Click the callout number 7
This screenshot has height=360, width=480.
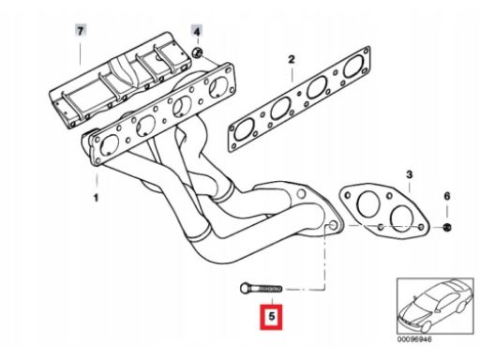tap(81, 31)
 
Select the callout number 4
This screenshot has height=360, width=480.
tap(197, 32)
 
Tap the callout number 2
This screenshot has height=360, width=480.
tap(292, 59)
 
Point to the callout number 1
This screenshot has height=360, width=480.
tap(96, 198)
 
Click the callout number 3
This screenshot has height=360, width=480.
tap(410, 174)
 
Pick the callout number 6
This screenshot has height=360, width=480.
tap(447, 196)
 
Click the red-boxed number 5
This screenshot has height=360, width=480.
tap(271, 317)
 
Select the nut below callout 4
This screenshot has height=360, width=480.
tap(197, 52)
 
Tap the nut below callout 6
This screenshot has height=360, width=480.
tap(447, 227)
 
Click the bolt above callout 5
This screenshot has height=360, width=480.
tap(262, 288)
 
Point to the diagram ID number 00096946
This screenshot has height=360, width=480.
tap(414, 339)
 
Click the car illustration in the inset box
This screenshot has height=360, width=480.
tap(435, 306)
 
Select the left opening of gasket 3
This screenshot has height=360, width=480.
tap(368, 205)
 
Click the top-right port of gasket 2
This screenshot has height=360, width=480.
tap(354, 67)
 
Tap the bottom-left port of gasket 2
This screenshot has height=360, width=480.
tap(245, 129)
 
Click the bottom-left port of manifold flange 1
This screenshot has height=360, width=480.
tap(110, 145)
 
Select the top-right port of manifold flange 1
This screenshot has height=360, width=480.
tap(218, 86)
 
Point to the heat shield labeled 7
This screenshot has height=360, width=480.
tap(120, 80)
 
